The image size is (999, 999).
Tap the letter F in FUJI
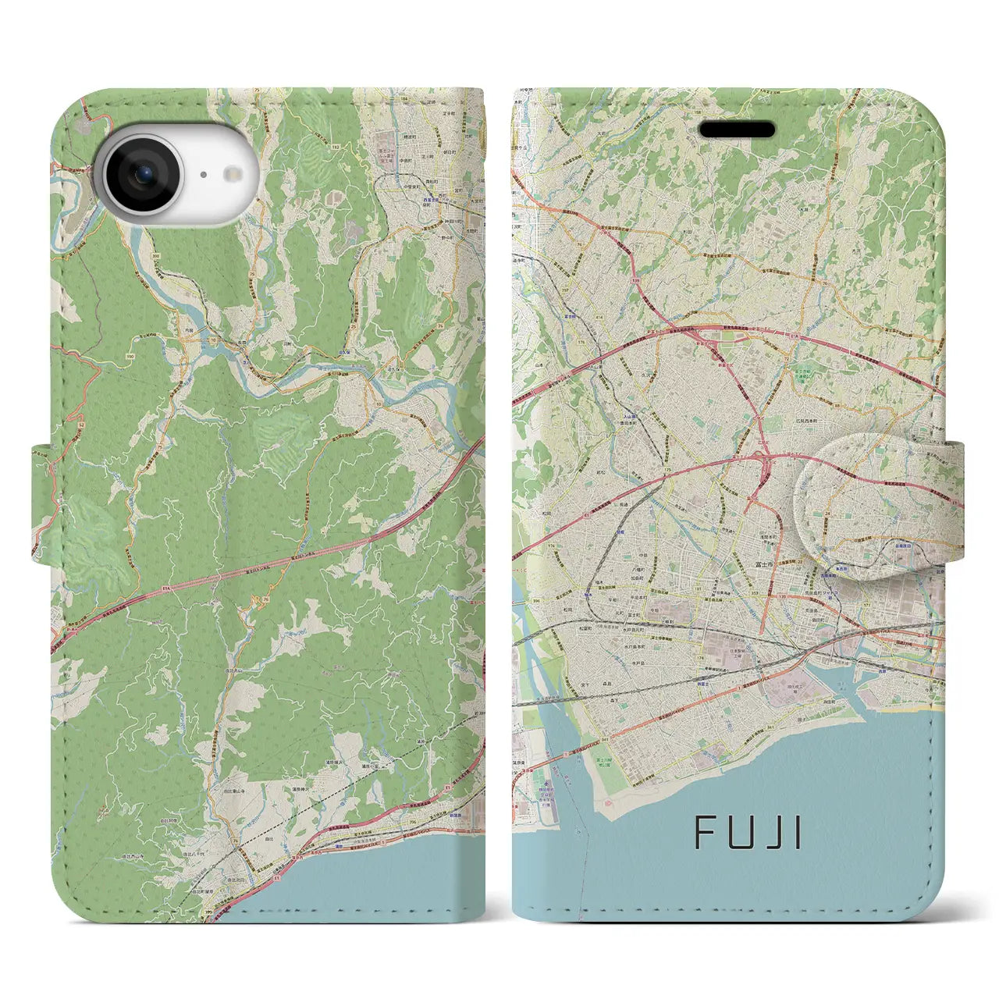[x=706, y=833]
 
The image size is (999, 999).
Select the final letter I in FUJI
[x=796, y=833]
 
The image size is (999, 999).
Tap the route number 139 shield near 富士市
[x=783, y=596]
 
